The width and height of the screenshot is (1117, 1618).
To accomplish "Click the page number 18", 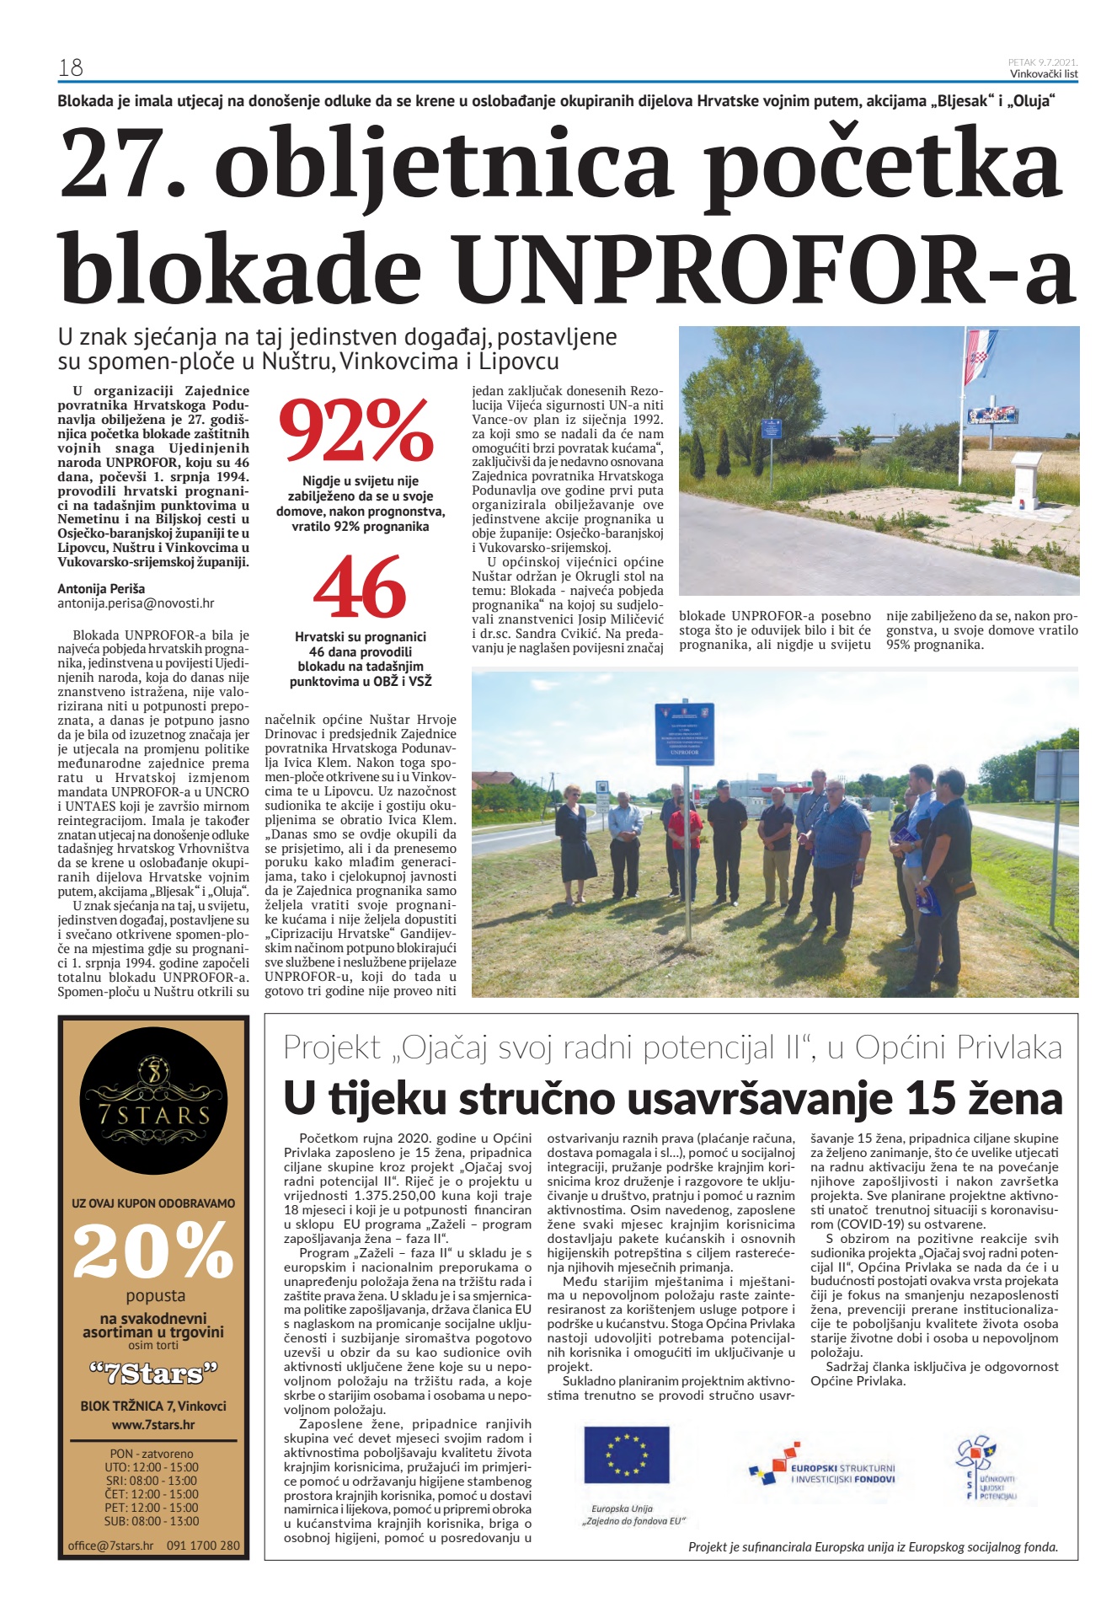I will [71, 67].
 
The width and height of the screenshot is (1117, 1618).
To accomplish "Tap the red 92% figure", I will [355, 432].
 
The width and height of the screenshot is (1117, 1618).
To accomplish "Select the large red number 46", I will [360, 588].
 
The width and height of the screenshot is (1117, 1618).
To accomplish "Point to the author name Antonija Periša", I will [101, 588].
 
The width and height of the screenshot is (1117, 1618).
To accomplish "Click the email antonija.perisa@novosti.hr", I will [136, 603].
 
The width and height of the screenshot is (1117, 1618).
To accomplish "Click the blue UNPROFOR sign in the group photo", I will [684, 734].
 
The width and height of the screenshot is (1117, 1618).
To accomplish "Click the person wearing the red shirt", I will [684, 834].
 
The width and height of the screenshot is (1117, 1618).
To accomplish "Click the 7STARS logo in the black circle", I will [154, 1101].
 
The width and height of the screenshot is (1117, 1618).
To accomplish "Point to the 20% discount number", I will [152, 1250].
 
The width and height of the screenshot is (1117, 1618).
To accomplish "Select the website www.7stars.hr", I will [153, 1424].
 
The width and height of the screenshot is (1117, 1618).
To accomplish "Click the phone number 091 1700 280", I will [203, 1546].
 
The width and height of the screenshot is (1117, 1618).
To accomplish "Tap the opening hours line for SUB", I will [152, 1521].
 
